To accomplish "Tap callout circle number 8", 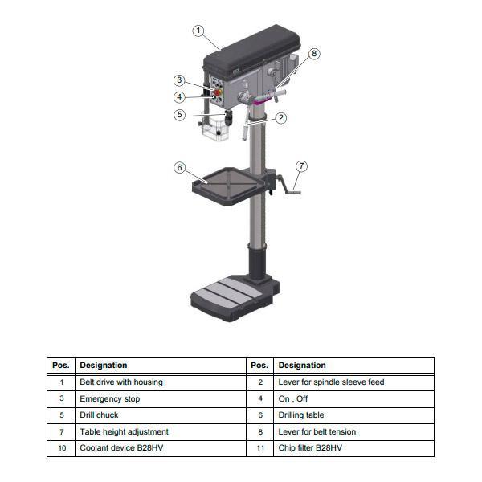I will (x=313, y=54).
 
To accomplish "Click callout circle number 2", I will (x=281, y=118).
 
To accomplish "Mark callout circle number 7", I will (x=301, y=166).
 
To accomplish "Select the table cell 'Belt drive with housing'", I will (x=120, y=382).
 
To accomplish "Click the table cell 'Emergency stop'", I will (x=110, y=398).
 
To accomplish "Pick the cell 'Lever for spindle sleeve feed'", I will (x=331, y=382).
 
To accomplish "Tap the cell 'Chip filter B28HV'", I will (x=310, y=448).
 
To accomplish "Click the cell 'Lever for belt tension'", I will (x=317, y=431).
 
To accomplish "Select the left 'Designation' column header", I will (x=104, y=366).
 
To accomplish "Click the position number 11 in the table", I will (x=259, y=448).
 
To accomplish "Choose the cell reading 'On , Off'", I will (x=293, y=398).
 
